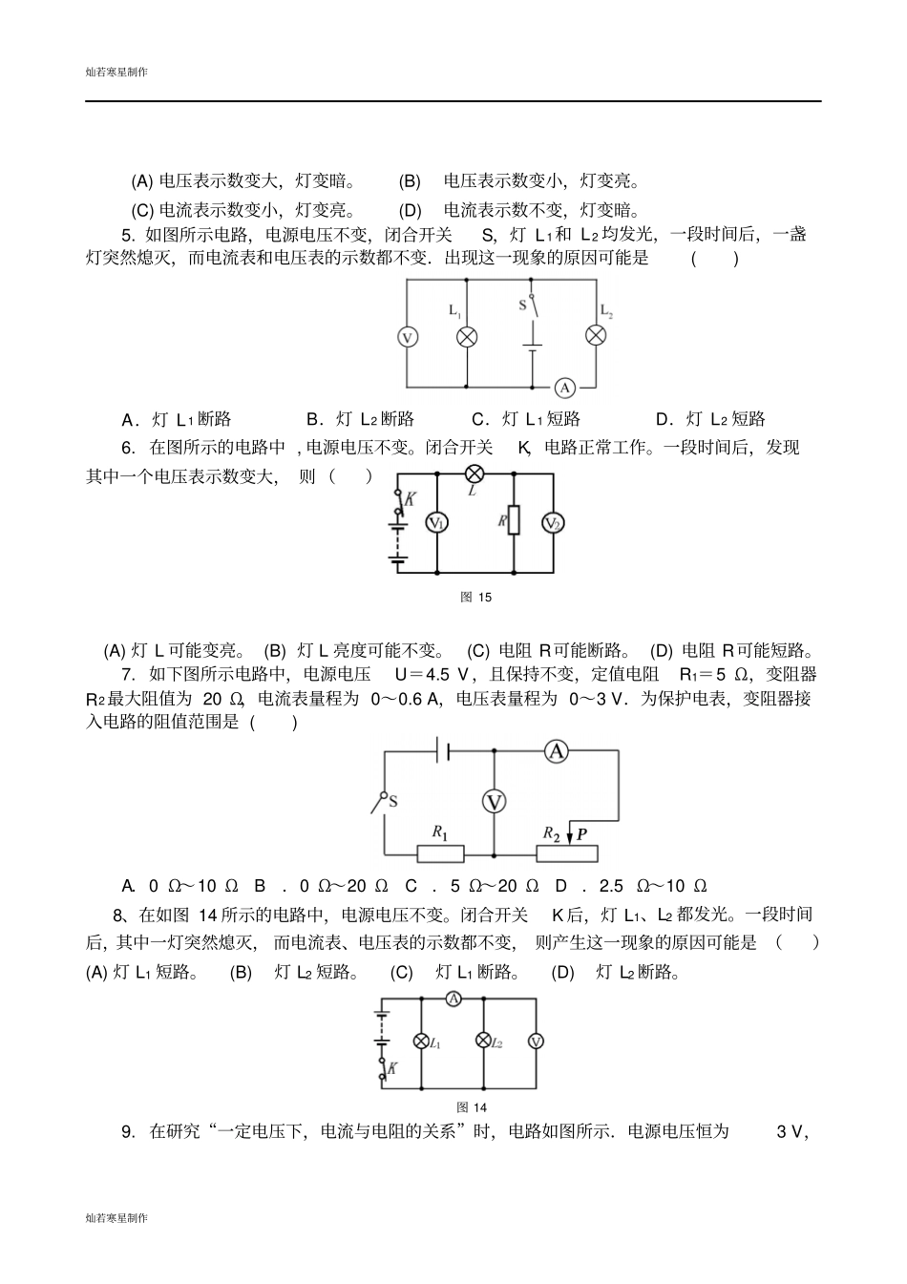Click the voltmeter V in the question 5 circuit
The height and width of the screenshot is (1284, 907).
pos(407,337)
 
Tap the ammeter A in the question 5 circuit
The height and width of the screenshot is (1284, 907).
pos(565,387)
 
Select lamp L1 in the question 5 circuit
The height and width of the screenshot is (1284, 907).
pos(467,336)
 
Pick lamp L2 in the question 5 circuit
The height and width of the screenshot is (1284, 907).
pos(596,334)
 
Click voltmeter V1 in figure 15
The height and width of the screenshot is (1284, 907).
pos(436,522)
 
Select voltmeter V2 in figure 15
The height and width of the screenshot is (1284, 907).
pos(553,522)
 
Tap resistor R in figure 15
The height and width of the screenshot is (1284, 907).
pos(514,521)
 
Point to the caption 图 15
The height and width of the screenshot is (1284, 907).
pos(475,597)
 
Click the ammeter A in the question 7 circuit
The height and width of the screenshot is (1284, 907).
pos(556,751)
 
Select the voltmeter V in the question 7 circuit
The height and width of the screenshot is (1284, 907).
pos(494,802)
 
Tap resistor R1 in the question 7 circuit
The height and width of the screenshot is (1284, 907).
pos(442,853)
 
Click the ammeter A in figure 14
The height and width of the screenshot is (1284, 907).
pos(454,999)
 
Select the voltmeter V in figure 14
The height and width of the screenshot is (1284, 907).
pos(536,1042)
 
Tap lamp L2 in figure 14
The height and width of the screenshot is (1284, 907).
pos(484,1042)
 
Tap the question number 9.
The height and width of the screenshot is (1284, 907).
pos(127,1132)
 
